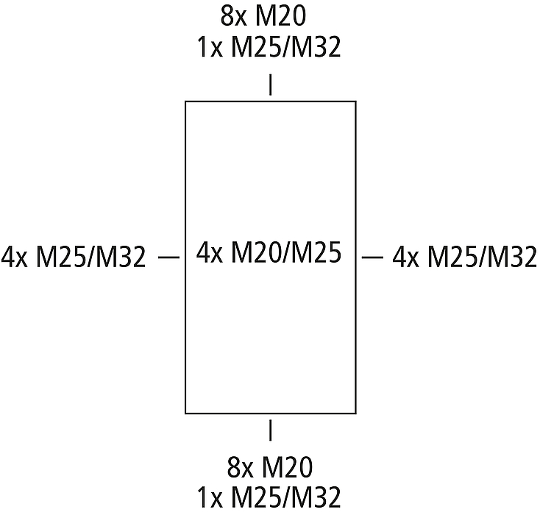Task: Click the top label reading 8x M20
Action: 263,16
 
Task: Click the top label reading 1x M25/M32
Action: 269,46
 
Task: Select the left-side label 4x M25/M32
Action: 74,257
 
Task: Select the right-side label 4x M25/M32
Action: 464,257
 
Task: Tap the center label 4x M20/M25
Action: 269,253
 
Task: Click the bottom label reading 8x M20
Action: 270,466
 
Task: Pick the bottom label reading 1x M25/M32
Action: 269,497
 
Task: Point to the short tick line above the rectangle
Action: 270,85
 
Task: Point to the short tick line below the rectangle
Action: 270,430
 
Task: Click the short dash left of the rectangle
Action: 168,257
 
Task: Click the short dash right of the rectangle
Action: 372,257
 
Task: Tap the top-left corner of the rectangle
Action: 185,102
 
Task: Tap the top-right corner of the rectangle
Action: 356,102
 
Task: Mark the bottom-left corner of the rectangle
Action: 185,413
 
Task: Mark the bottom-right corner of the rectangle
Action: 356,413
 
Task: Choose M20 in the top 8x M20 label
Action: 280,16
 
